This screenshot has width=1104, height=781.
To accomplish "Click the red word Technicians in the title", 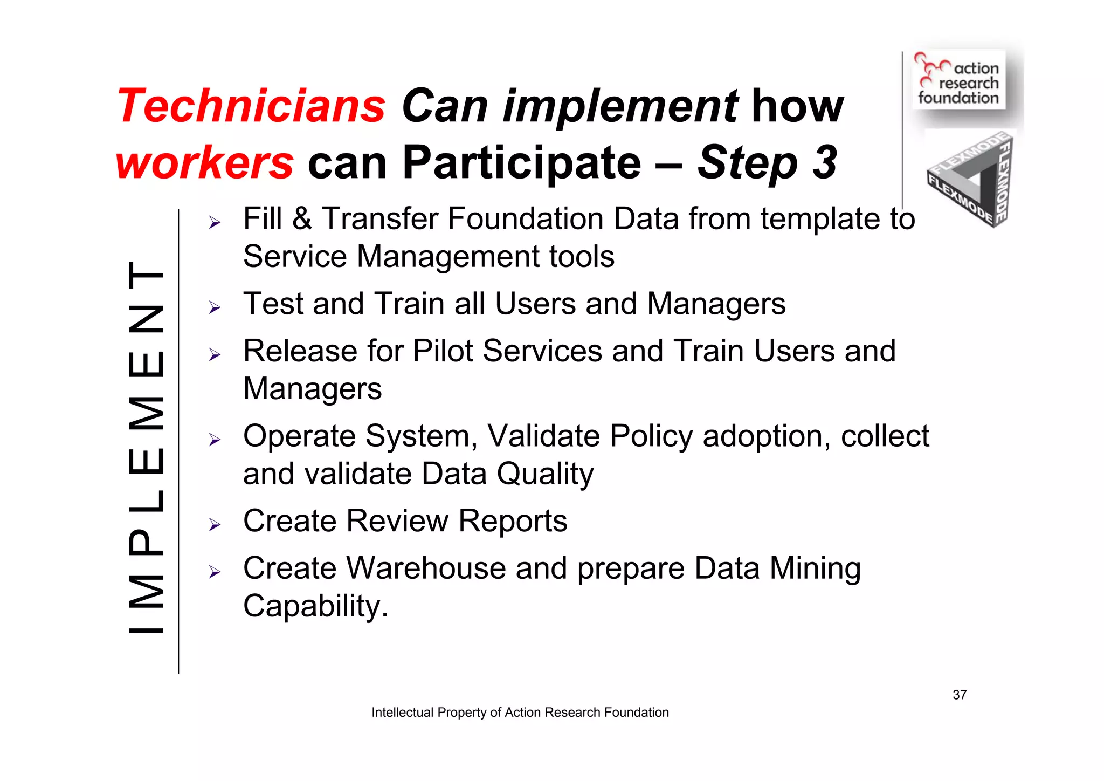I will [x=251, y=106].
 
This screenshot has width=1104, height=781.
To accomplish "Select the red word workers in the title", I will [x=205, y=163].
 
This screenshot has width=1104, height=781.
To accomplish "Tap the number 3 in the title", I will [x=825, y=162].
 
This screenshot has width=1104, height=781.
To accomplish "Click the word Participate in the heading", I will [x=522, y=163].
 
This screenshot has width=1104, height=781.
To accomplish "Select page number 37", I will [x=960, y=695].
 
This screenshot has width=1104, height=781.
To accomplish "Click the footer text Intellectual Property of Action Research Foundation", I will [x=520, y=713].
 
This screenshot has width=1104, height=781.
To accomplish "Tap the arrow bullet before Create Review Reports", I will [x=215, y=525].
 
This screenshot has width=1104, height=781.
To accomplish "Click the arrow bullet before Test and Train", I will [x=215, y=307].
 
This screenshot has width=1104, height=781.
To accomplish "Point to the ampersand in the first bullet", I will [x=302, y=219].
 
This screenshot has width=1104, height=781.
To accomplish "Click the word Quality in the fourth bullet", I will [x=545, y=475].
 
